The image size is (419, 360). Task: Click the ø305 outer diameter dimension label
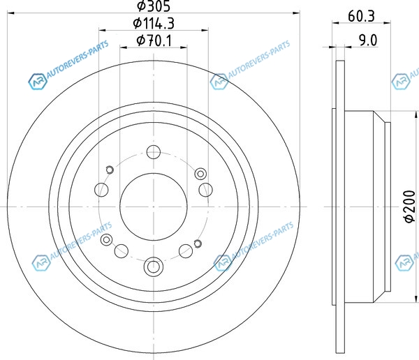tap(154, 6)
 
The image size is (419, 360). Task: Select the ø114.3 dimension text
tap(154, 23)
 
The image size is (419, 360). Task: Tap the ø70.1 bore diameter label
tap(154, 40)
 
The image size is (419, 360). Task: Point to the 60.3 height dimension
tap(361, 16)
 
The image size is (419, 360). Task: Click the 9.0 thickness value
tap(368, 40)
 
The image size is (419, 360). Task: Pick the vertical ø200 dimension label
tap(410, 206)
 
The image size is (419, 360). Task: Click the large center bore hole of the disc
tap(154, 207)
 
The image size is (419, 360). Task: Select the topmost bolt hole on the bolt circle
tap(154, 152)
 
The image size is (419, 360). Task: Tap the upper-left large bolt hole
tap(101, 190)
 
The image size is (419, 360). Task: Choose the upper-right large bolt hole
tap(206, 190)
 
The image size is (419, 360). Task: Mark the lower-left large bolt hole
tap(122, 251)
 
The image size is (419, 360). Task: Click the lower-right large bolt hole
tap(186, 251)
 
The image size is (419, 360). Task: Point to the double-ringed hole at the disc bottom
tap(154, 267)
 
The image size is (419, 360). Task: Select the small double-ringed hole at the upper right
tap(200, 174)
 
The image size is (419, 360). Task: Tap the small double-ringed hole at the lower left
tap(106, 239)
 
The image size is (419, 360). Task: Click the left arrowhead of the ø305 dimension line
tap(10, 13)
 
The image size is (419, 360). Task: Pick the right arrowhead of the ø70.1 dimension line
tap(184, 47)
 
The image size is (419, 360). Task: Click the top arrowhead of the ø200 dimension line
tap(416, 115)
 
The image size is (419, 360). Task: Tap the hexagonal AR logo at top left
tap(38, 81)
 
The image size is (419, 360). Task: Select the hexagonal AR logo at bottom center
tap(223, 262)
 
